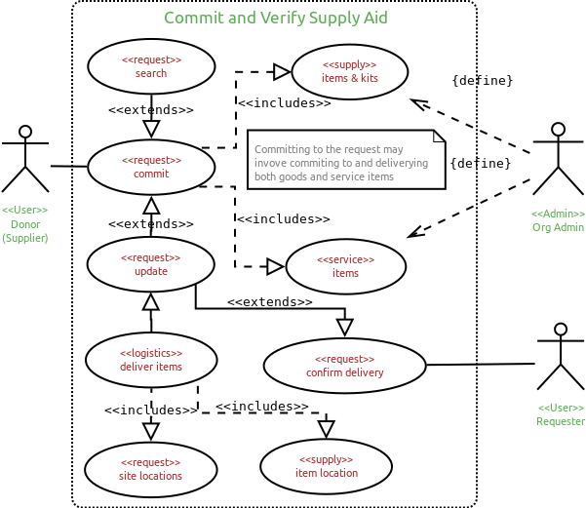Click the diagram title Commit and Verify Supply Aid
(276, 19)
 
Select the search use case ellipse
(151, 66)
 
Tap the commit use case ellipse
(151, 167)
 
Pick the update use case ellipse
(151, 264)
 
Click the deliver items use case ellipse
(151, 360)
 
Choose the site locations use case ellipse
(151, 469)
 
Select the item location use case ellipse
(327, 466)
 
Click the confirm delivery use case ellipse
(345, 366)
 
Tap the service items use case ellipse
(346, 266)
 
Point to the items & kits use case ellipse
(350, 71)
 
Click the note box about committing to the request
(346, 160)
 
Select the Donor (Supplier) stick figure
(25, 159)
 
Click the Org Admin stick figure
(558, 159)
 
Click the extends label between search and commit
(151, 110)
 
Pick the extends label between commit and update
(151, 224)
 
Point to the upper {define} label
(482, 81)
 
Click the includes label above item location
(262, 407)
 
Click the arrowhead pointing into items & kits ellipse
(282, 72)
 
